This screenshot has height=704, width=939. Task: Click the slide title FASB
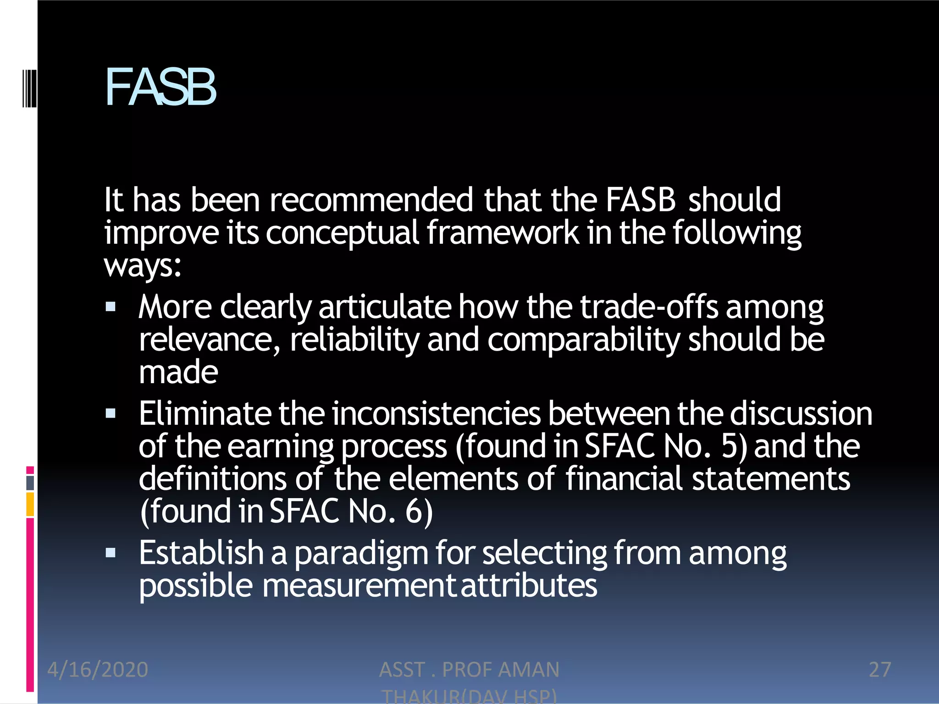[160, 87]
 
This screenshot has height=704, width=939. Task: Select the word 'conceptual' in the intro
[342, 232]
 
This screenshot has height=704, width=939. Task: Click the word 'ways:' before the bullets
[143, 265]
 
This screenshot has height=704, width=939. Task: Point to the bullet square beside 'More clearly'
[110, 307]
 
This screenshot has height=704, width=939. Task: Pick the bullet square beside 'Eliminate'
[110, 414]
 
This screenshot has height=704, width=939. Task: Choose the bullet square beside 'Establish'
[110, 553]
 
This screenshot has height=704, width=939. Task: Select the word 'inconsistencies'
[436, 413]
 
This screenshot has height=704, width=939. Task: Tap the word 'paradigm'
[361, 553]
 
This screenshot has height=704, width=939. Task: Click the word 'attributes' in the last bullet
[529, 586]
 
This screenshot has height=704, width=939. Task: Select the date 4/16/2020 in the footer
[98, 670]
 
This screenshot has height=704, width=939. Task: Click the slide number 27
[880, 670]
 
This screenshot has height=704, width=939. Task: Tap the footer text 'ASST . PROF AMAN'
[469, 670]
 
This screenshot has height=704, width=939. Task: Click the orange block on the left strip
[30, 504]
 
